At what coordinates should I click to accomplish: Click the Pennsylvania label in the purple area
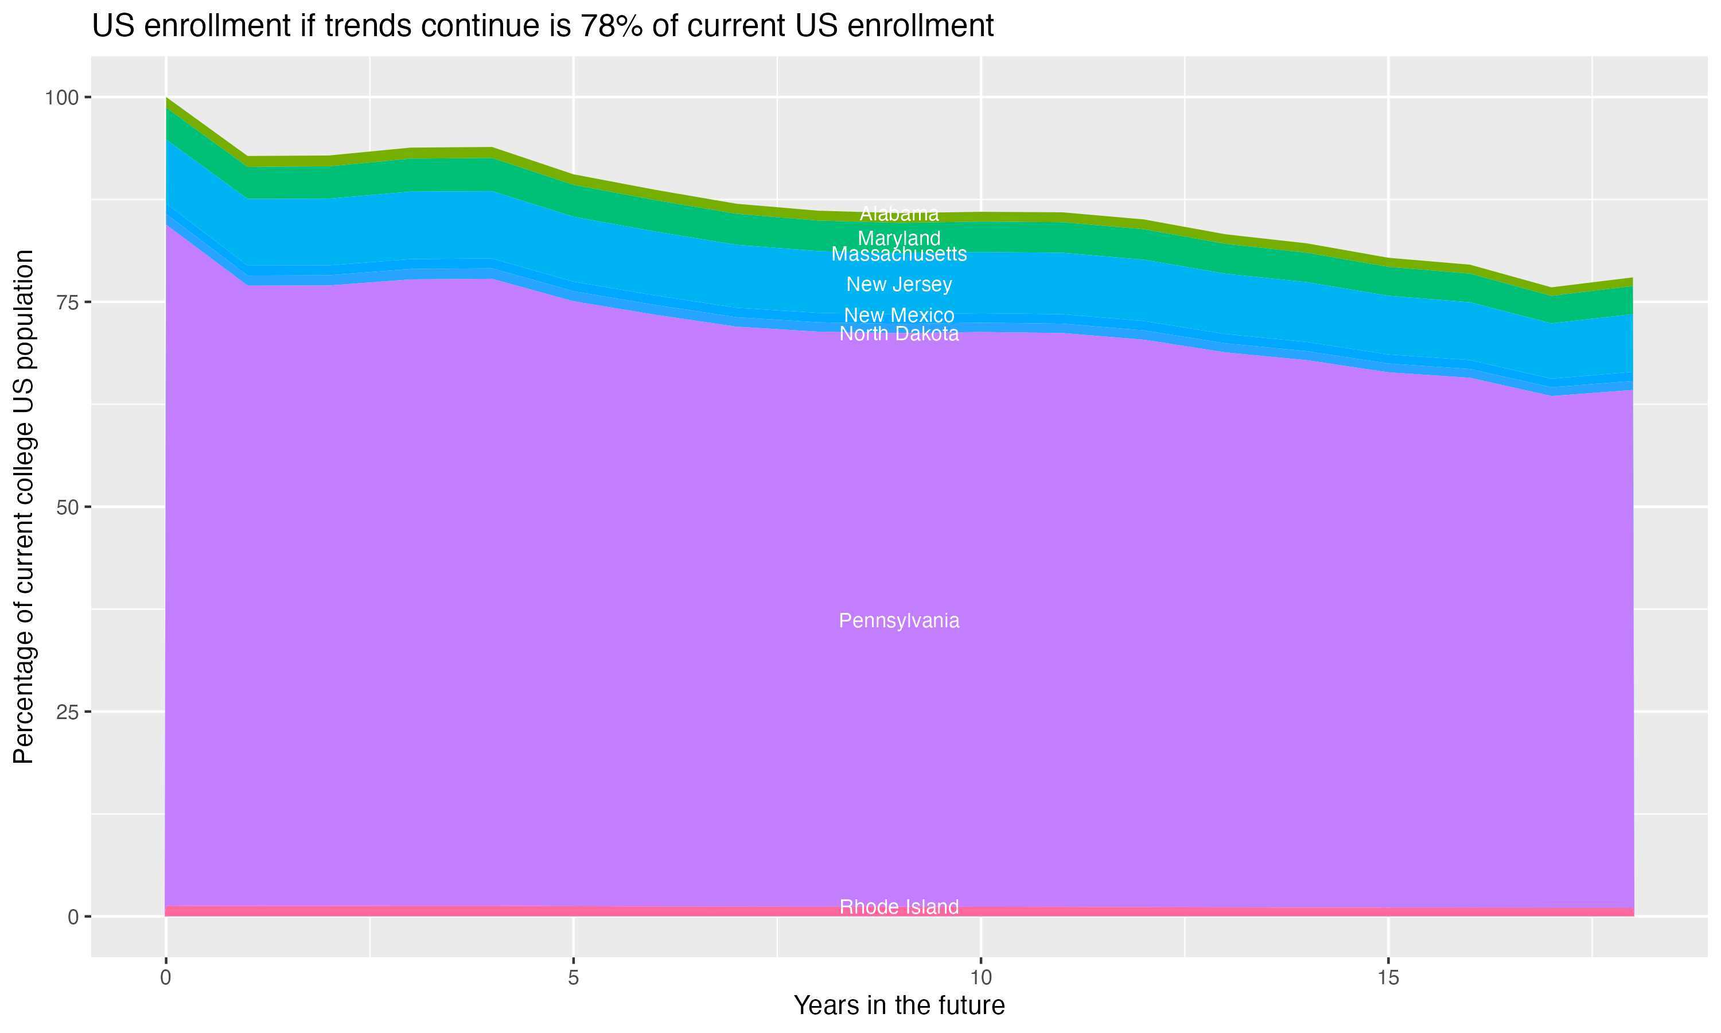coord(899,620)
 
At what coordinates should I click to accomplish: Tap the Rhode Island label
coord(899,907)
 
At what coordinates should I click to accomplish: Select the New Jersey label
coord(899,284)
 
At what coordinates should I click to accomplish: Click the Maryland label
coord(899,238)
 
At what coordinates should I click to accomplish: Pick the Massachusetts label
coord(899,254)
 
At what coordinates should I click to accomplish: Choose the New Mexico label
coord(899,315)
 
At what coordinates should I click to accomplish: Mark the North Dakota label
coord(899,334)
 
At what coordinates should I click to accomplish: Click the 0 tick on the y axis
coord(72,917)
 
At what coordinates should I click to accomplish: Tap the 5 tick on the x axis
coord(573,978)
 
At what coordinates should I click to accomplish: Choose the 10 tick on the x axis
coord(980,978)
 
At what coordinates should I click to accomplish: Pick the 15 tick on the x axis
coord(1388,978)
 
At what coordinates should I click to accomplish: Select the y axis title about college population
coord(24,507)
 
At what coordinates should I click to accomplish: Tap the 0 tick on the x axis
coord(166,978)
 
